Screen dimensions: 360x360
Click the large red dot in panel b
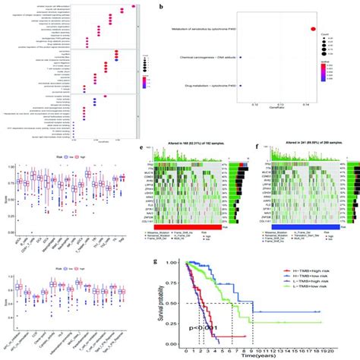(x=312, y=30)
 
